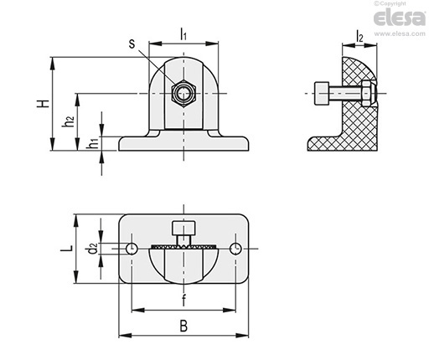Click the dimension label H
click(x=44, y=104)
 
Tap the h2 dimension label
click(x=68, y=121)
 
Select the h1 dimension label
click(x=92, y=143)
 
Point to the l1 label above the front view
click(x=183, y=34)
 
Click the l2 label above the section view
click(x=359, y=36)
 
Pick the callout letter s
click(x=132, y=44)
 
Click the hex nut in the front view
click(x=183, y=93)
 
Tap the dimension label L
click(x=67, y=248)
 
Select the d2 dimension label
click(x=92, y=249)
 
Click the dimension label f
click(x=183, y=301)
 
